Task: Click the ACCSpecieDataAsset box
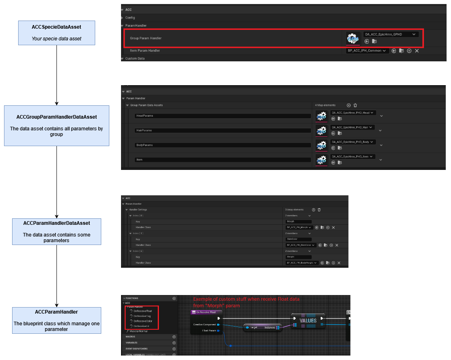[x=56, y=33]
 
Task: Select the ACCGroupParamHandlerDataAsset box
[x=56, y=126]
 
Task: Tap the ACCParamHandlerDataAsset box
[x=56, y=231]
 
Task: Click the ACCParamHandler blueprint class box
[x=56, y=320]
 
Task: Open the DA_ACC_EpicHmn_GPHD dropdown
[x=390, y=34]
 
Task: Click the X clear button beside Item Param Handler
[x=417, y=51]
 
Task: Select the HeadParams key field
[x=223, y=116]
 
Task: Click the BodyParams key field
[x=223, y=145]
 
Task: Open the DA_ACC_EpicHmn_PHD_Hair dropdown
[x=352, y=127]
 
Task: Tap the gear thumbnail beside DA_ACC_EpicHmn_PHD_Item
[x=321, y=160]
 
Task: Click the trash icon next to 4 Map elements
[x=355, y=105]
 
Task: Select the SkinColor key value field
[x=299, y=239]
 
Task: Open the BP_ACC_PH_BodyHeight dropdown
[x=302, y=263]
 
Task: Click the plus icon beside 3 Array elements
[x=313, y=210]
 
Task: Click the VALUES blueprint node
[x=308, y=321]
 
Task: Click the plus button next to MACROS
[x=174, y=337]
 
